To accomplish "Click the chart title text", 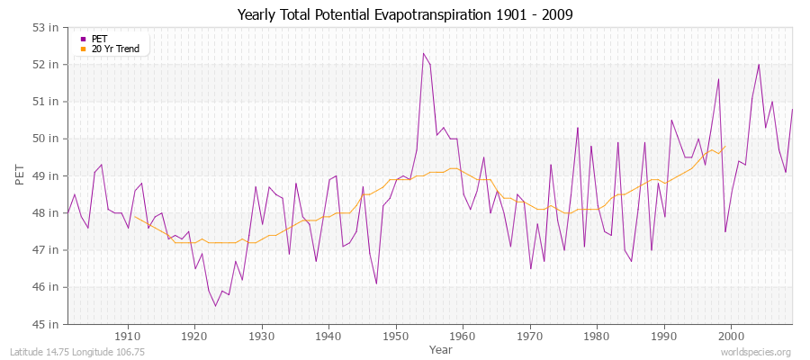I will coord(404,14).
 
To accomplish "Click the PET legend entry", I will coord(99,39).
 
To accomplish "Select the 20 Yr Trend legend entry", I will coord(115,49).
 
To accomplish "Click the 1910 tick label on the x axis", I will coord(128,336).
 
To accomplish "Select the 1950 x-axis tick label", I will coord(396,336).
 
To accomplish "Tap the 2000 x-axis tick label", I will coord(732,336).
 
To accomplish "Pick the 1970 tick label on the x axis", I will coord(530,336).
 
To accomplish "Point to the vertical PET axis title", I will coord(19,175).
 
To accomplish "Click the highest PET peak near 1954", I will coord(423,53).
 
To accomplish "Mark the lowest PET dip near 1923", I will coord(215,306).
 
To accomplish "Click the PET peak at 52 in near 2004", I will coord(759,65).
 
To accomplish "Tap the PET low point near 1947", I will coord(376,283).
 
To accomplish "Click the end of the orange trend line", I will coord(725,146).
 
